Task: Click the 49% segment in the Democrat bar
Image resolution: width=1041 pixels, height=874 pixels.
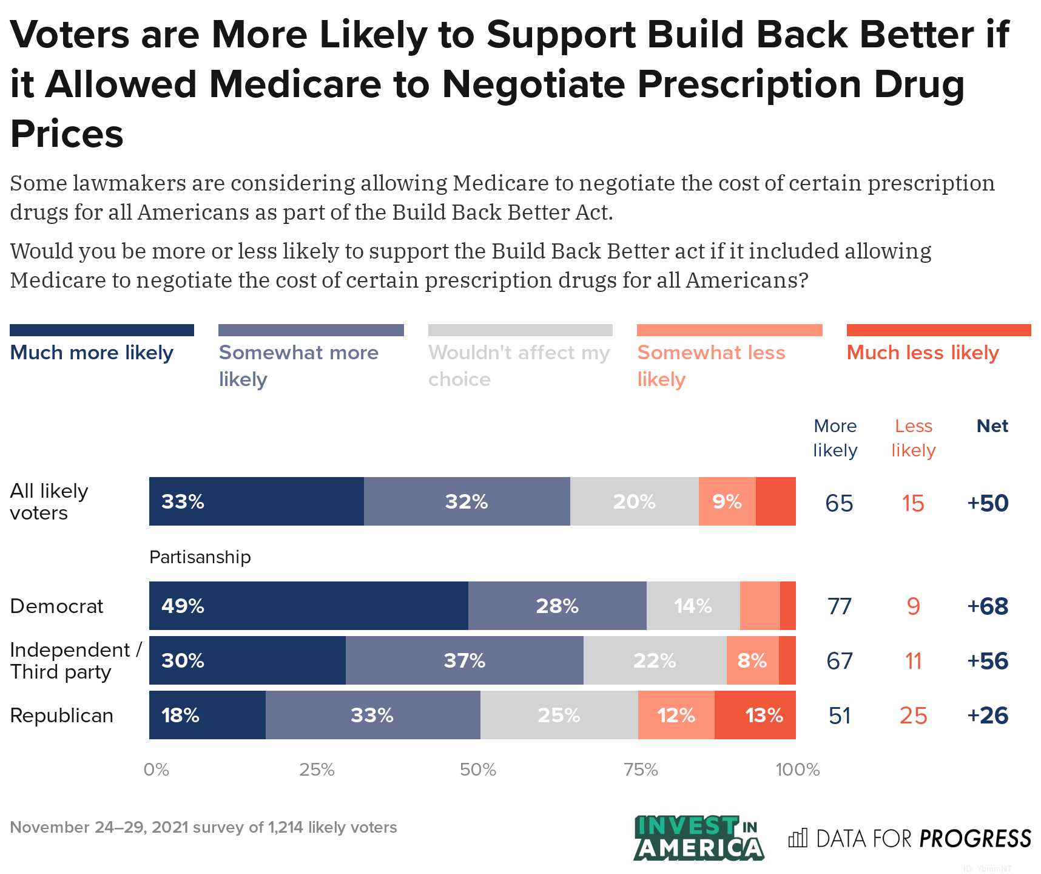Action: (308, 606)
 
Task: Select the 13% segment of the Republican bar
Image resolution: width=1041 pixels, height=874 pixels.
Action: (755, 715)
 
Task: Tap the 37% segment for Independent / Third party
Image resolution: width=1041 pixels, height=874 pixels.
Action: (464, 660)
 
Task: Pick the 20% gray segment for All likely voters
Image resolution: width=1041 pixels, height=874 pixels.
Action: (634, 501)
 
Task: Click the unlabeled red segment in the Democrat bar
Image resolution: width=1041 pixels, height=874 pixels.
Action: (788, 606)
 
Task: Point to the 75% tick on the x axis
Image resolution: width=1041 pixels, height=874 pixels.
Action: (641, 770)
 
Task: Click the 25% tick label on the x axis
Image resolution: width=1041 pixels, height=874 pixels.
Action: (317, 770)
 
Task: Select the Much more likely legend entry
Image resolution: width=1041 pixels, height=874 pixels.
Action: (92, 353)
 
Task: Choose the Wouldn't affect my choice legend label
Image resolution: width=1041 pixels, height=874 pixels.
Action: (519, 365)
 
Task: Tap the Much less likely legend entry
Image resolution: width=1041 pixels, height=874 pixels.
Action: (922, 353)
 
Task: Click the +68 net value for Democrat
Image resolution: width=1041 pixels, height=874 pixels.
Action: (988, 606)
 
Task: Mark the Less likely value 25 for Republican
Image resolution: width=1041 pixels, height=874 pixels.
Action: (913, 716)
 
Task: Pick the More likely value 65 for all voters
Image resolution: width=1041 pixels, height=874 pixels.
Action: (839, 503)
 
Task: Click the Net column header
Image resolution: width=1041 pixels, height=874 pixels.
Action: (992, 426)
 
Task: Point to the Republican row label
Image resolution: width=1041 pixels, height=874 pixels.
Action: (62, 716)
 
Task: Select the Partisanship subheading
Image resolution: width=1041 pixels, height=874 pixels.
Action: (200, 557)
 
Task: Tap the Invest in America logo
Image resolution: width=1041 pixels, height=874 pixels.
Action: (698, 838)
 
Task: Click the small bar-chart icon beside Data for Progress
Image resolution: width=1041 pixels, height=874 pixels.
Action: (798, 838)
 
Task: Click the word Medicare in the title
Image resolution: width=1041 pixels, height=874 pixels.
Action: (295, 84)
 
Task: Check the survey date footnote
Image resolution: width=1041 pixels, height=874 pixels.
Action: (203, 827)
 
